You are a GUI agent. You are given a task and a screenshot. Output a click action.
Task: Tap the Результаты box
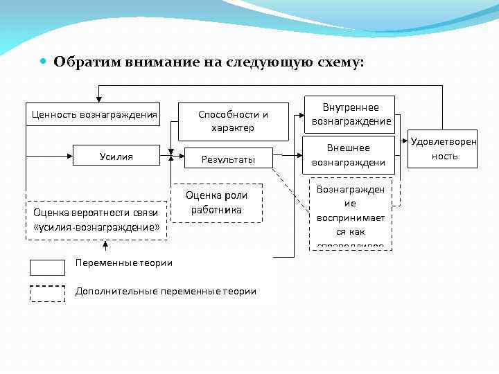228,159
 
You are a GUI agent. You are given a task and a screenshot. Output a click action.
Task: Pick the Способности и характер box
233,121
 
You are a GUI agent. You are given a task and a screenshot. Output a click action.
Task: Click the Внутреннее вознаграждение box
351,114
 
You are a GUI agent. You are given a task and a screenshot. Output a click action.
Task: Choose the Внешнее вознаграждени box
348,155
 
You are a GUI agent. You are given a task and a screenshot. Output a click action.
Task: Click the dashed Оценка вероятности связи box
96,220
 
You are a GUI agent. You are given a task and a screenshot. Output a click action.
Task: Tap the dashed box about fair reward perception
350,214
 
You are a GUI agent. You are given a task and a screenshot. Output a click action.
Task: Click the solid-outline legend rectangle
47,267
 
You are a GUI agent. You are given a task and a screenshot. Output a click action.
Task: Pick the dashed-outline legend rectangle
47,294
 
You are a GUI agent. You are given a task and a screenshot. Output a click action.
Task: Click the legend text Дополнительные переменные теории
166,292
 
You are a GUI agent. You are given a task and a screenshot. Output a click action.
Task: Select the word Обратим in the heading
88,62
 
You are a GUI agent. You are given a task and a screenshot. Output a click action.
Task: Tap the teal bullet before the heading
43,62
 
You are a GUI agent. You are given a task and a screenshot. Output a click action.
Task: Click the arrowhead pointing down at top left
99,98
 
